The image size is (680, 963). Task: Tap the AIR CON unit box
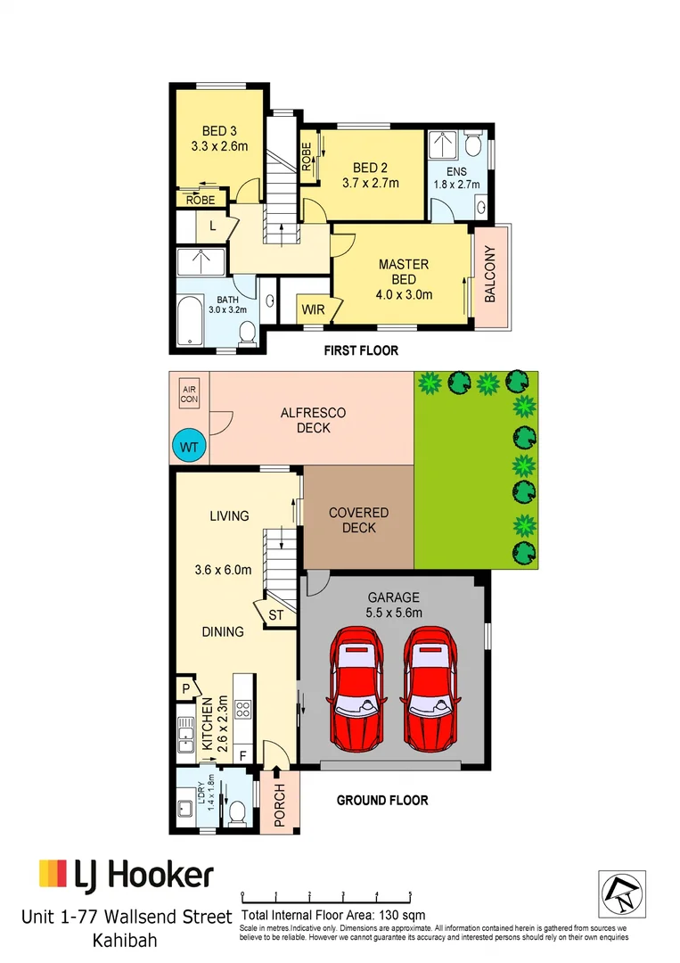pos(189,395)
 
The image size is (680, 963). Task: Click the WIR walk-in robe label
pos(312,310)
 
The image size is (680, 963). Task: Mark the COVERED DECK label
pos(358,520)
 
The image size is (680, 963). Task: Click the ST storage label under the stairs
pos(275,615)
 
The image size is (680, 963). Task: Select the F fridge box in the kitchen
pos(243,755)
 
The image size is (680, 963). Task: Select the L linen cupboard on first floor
pos(212,226)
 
